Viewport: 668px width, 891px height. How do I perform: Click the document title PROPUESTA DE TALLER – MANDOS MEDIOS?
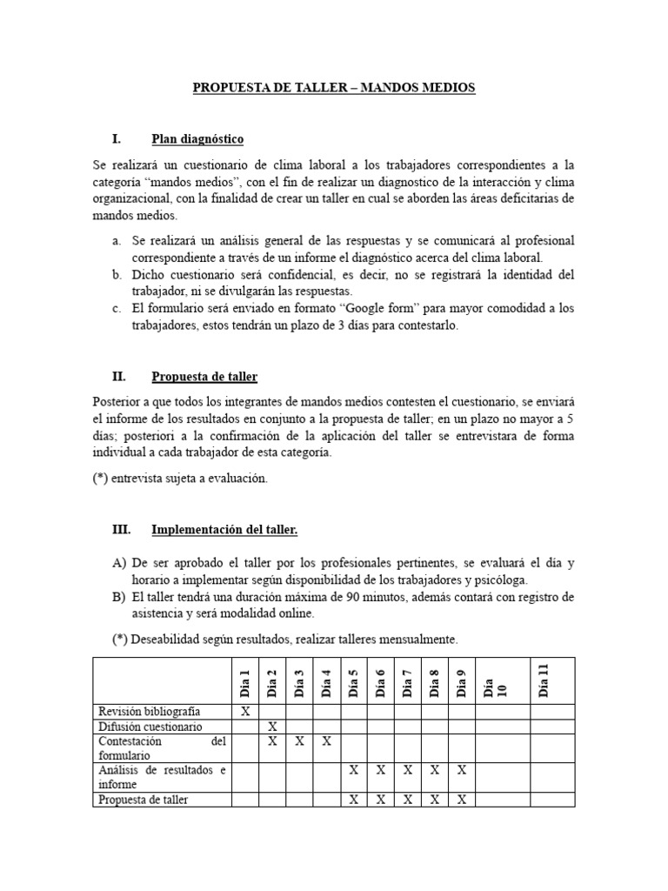(x=333, y=88)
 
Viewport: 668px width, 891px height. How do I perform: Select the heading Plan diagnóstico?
(x=197, y=138)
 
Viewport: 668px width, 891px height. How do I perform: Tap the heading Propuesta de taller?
(x=204, y=377)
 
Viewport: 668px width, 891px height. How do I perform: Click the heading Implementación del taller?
(x=224, y=529)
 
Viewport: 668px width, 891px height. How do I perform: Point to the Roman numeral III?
(x=122, y=529)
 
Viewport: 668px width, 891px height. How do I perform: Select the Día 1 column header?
(x=244, y=681)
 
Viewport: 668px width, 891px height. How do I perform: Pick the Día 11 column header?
(x=544, y=680)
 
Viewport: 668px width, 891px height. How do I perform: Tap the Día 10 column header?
(x=488, y=681)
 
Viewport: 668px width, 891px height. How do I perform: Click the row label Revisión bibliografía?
(x=150, y=711)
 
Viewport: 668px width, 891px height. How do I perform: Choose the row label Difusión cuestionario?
(x=150, y=726)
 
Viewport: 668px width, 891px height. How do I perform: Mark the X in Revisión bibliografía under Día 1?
(x=244, y=711)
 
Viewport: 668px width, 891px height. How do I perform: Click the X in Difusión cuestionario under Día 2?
(x=272, y=726)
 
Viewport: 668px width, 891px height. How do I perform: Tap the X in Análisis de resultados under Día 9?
(x=461, y=770)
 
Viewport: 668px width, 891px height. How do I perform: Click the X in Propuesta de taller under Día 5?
(x=353, y=800)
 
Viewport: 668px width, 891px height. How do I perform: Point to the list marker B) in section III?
(x=120, y=597)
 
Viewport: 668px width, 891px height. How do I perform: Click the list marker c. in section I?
(x=117, y=309)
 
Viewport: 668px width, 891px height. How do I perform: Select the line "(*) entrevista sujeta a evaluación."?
(x=180, y=479)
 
